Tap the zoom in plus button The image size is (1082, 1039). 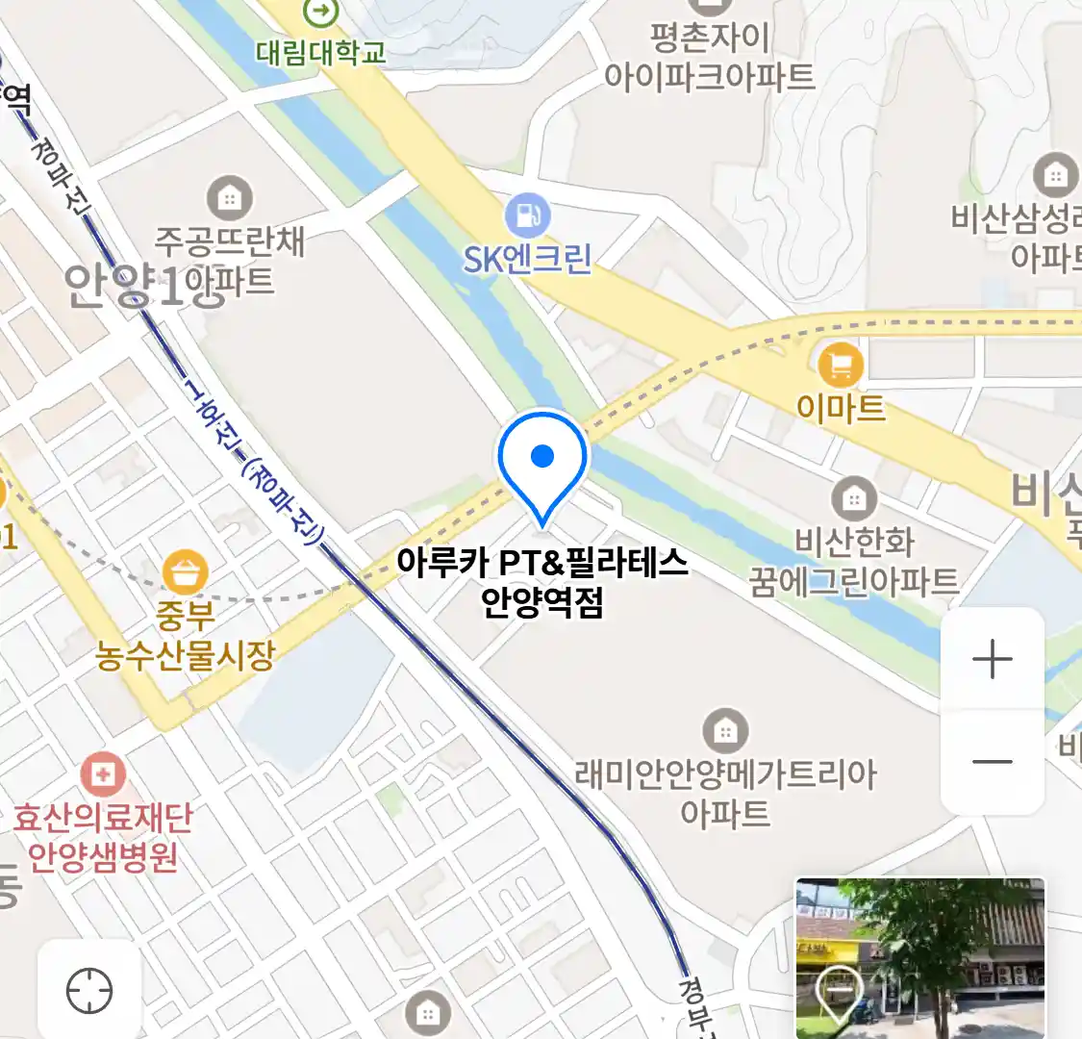pos(993,661)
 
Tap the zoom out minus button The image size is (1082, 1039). pos(993,762)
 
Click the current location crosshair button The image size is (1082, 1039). pos(89,990)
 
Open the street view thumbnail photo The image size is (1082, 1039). pos(919,957)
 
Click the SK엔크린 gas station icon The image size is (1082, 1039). pos(527,215)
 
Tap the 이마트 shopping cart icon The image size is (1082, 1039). pos(841,366)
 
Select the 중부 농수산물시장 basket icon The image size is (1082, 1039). pos(185,572)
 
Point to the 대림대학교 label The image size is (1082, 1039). pos(321,52)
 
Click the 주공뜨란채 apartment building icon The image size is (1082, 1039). pos(230,199)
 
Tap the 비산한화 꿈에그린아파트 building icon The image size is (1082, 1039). pos(853,499)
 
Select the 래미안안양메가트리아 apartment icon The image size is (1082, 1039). pos(725,732)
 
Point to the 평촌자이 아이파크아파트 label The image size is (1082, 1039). pos(710,57)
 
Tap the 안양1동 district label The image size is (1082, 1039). pos(123,286)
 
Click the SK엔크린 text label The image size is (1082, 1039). pos(527,259)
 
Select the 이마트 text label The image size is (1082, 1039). pos(841,408)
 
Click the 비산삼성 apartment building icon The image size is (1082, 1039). pos(1055,176)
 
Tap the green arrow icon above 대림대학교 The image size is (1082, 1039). pos(320,12)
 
